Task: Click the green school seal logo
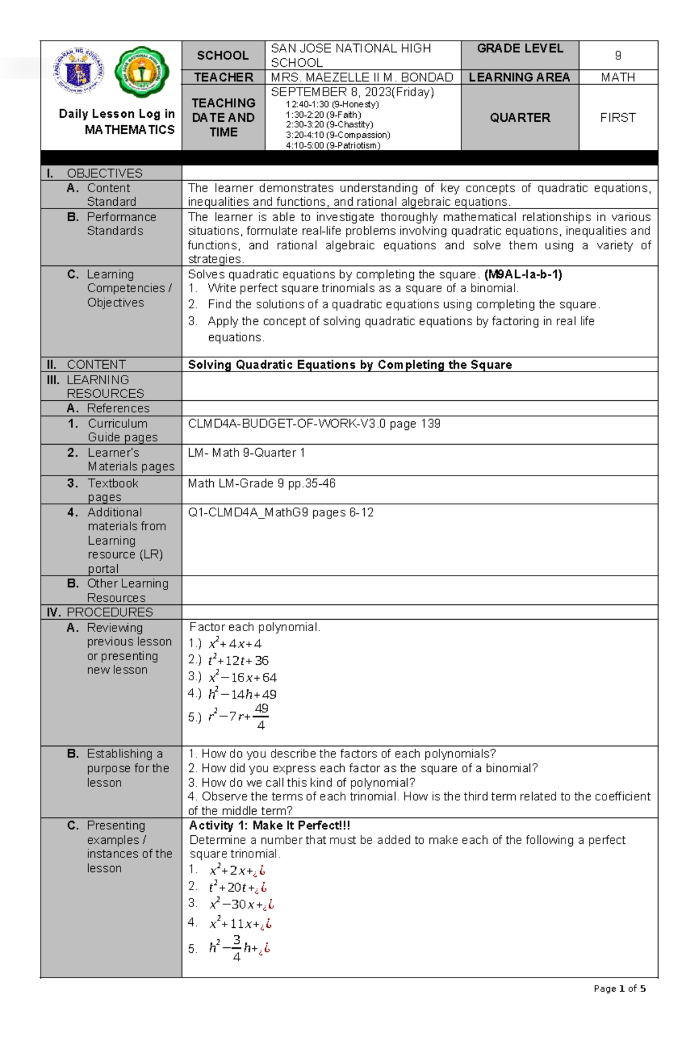[141, 73]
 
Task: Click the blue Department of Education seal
[79, 71]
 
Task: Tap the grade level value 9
[618, 55]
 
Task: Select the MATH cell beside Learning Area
[618, 77]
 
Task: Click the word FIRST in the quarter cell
[618, 118]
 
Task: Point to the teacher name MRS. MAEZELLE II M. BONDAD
[362, 77]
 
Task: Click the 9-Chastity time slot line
[329, 125]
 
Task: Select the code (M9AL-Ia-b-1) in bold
[523, 274]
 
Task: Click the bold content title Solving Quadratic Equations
[350, 365]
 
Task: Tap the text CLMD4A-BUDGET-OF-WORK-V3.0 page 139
[314, 424]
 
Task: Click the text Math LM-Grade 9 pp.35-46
[261, 484]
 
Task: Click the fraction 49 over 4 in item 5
[261, 717]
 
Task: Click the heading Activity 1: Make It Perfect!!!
[269, 825]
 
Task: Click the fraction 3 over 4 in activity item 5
[237, 948]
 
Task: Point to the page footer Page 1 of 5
[620, 988]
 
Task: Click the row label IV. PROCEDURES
[100, 612]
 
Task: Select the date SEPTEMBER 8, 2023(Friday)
[352, 92]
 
